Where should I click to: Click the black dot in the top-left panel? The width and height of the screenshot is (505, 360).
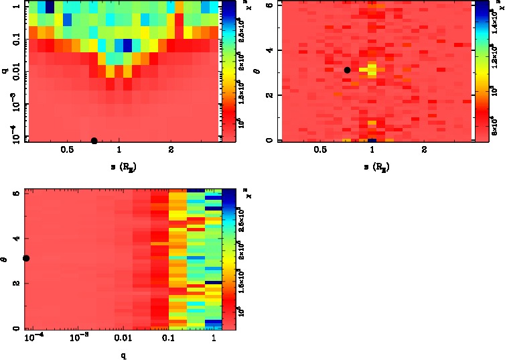(x=94, y=141)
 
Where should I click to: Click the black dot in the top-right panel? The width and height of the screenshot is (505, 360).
(x=347, y=70)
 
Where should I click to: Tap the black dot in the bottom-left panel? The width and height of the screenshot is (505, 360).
(x=26, y=258)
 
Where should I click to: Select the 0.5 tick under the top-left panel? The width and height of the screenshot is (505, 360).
(x=67, y=150)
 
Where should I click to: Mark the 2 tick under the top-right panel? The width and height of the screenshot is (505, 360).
(x=425, y=150)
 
